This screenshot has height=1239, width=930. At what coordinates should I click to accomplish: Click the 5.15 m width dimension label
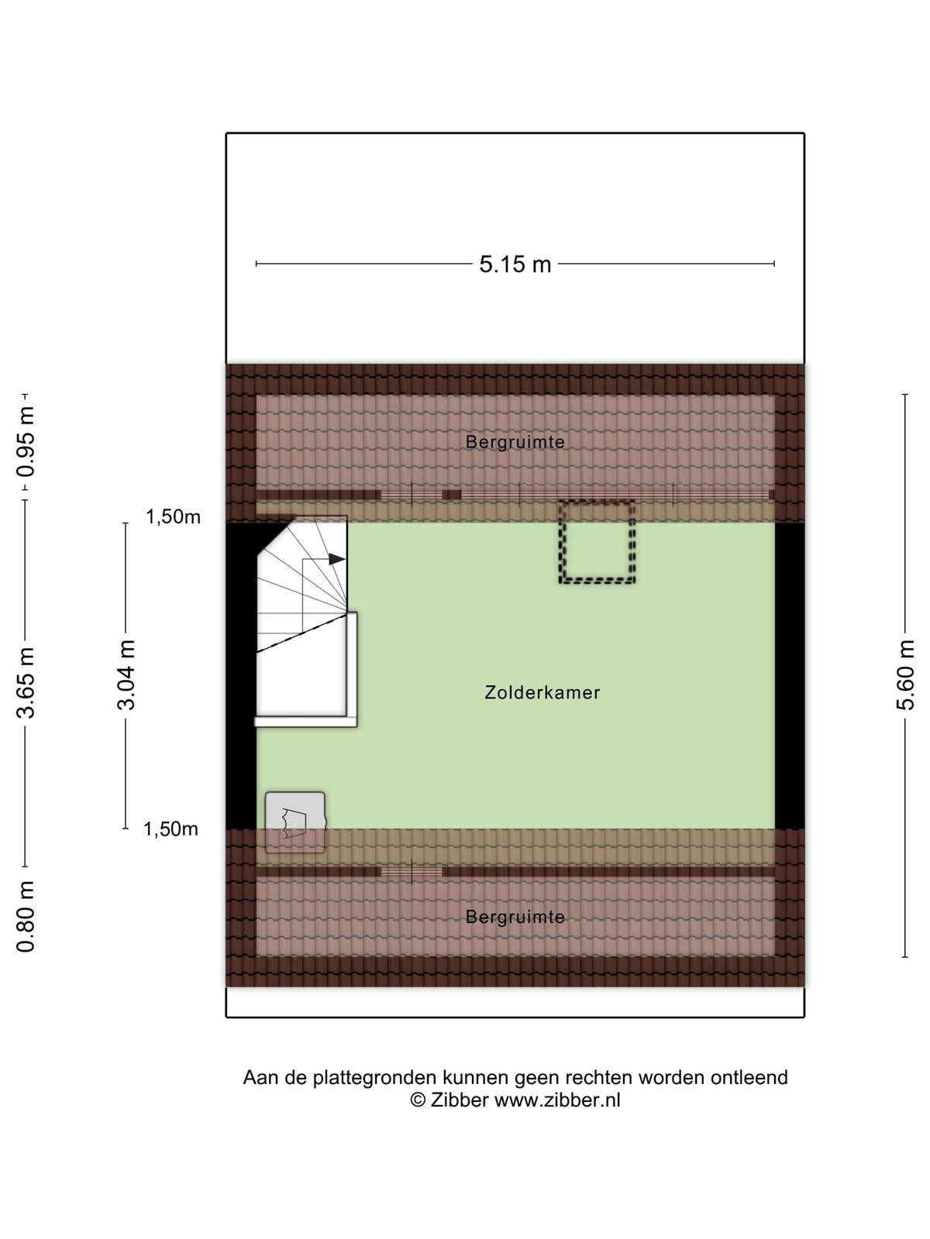point(515,264)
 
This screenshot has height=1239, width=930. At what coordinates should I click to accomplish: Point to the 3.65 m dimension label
point(26,682)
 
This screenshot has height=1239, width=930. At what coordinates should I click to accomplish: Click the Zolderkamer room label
point(542,692)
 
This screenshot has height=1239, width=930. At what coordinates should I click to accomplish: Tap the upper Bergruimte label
point(515,442)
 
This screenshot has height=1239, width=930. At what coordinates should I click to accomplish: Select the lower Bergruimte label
point(515,918)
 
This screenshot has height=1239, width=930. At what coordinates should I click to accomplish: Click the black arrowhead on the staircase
point(337,559)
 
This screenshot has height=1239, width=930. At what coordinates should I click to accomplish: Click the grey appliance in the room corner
point(295,822)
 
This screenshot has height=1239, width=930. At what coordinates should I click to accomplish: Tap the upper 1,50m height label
point(174,517)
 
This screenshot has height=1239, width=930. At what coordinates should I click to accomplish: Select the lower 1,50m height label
point(170,829)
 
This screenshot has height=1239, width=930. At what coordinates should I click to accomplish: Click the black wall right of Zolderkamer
point(790,676)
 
